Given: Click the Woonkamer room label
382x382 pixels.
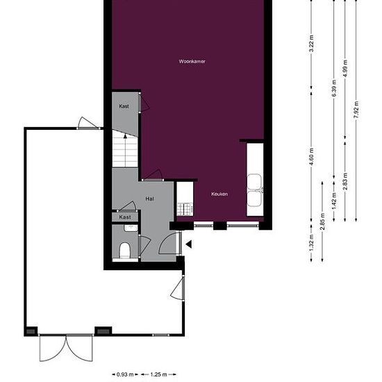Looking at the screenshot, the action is pyautogui.click(x=192, y=61).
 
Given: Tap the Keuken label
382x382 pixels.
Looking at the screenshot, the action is pyautogui.click(x=219, y=194).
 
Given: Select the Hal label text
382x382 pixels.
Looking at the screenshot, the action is pyautogui.click(x=149, y=199).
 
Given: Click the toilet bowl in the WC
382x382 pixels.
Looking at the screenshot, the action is pyautogui.click(x=125, y=250).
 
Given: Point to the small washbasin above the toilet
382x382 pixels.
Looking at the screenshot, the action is pyautogui.click(x=131, y=229).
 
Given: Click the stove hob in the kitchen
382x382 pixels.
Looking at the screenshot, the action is pyautogui.click(x=185, y=209).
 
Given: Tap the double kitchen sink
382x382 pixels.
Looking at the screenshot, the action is pyautogui.click(x=255, y=190).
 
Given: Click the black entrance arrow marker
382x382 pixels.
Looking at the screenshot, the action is pyautogui.click(x=189, y=244).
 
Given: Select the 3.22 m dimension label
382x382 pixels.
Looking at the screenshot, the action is pyautogui.click(x=311, y=44).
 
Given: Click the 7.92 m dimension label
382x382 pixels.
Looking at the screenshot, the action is pyautogui.click(x=356, y=110).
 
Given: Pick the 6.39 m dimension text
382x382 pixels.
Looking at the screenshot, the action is pyautogui.click(x=334, y=88).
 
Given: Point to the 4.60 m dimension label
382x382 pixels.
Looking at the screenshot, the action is pyautogui.click(x=311, y=157).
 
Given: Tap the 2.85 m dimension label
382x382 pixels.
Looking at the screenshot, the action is pyautogui.click(x=322, y=222).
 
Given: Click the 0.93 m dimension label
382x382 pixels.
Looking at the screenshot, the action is pyautogui.click(x=125, y=374).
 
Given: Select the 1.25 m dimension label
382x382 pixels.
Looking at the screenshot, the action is pyautogui.click(x=158, y=374).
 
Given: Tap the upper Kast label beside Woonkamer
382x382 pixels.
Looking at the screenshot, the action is pyautogui.click(x=124, y=106).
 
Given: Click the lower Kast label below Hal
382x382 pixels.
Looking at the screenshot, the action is pyautogui.click(x=125, y=217).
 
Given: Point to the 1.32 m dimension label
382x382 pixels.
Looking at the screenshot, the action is pyautogui.click(x=311, y=243).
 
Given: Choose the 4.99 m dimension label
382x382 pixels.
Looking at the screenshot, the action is pyautogui.click(x=345, y=69).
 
